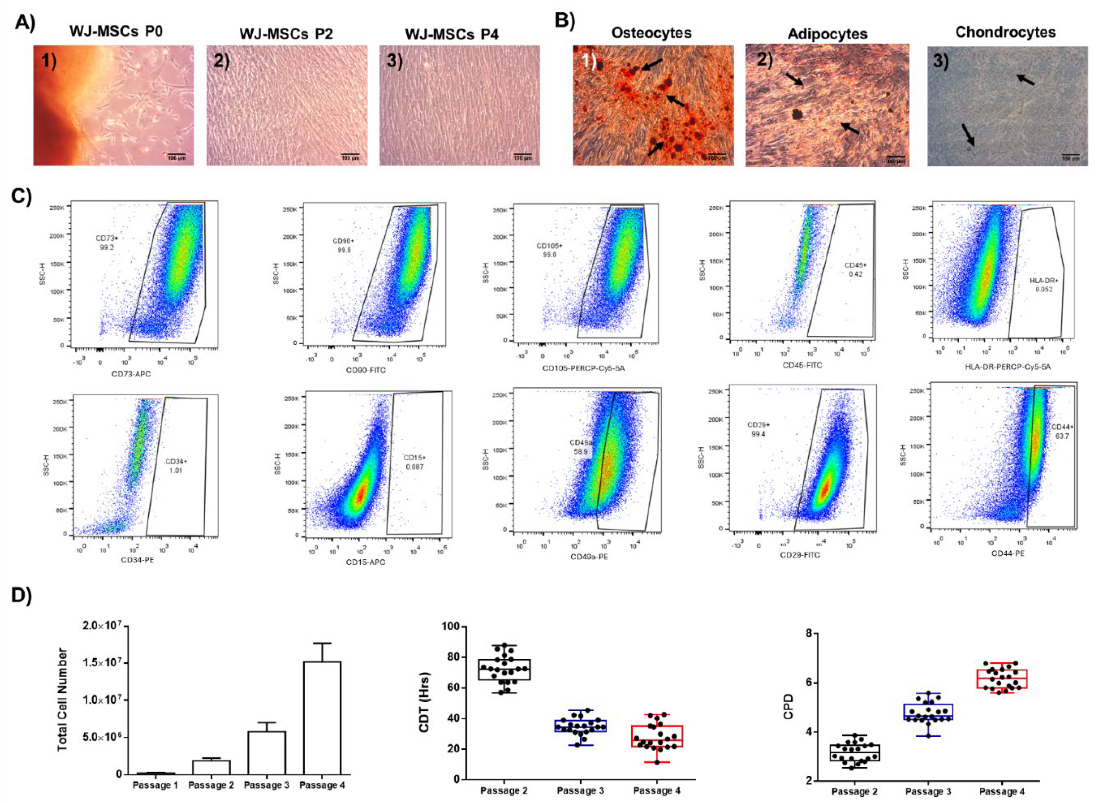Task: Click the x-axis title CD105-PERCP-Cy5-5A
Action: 583,368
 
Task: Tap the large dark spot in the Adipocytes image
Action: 797,115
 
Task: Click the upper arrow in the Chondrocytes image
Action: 1025,79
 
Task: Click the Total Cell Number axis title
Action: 62,700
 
